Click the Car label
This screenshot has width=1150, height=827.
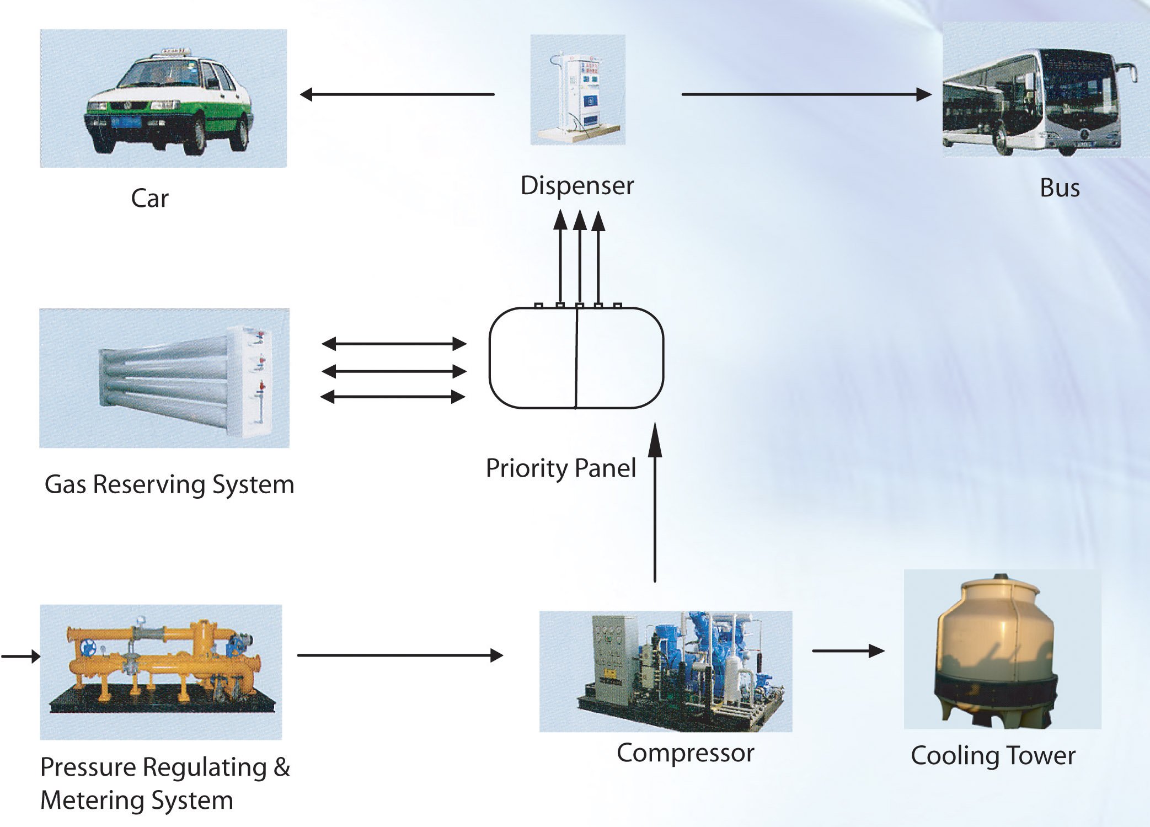[149, 199]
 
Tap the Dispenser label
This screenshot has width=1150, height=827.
[577, 186]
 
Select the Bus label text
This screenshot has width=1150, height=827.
[1059, 188]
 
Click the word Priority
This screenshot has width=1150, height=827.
[526, 468]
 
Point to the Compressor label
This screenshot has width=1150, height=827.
[685, 754]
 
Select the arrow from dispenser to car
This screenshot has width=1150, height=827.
[397, 95]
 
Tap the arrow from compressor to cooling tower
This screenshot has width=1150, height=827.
[848, 651]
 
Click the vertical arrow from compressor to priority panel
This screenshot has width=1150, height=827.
[655, 502]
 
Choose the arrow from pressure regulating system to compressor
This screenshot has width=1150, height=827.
[400, 655]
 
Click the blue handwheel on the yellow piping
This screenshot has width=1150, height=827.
[88, 647]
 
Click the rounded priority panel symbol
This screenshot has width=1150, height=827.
[576, 358]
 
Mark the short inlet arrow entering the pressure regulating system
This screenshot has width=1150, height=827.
[21, 656]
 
